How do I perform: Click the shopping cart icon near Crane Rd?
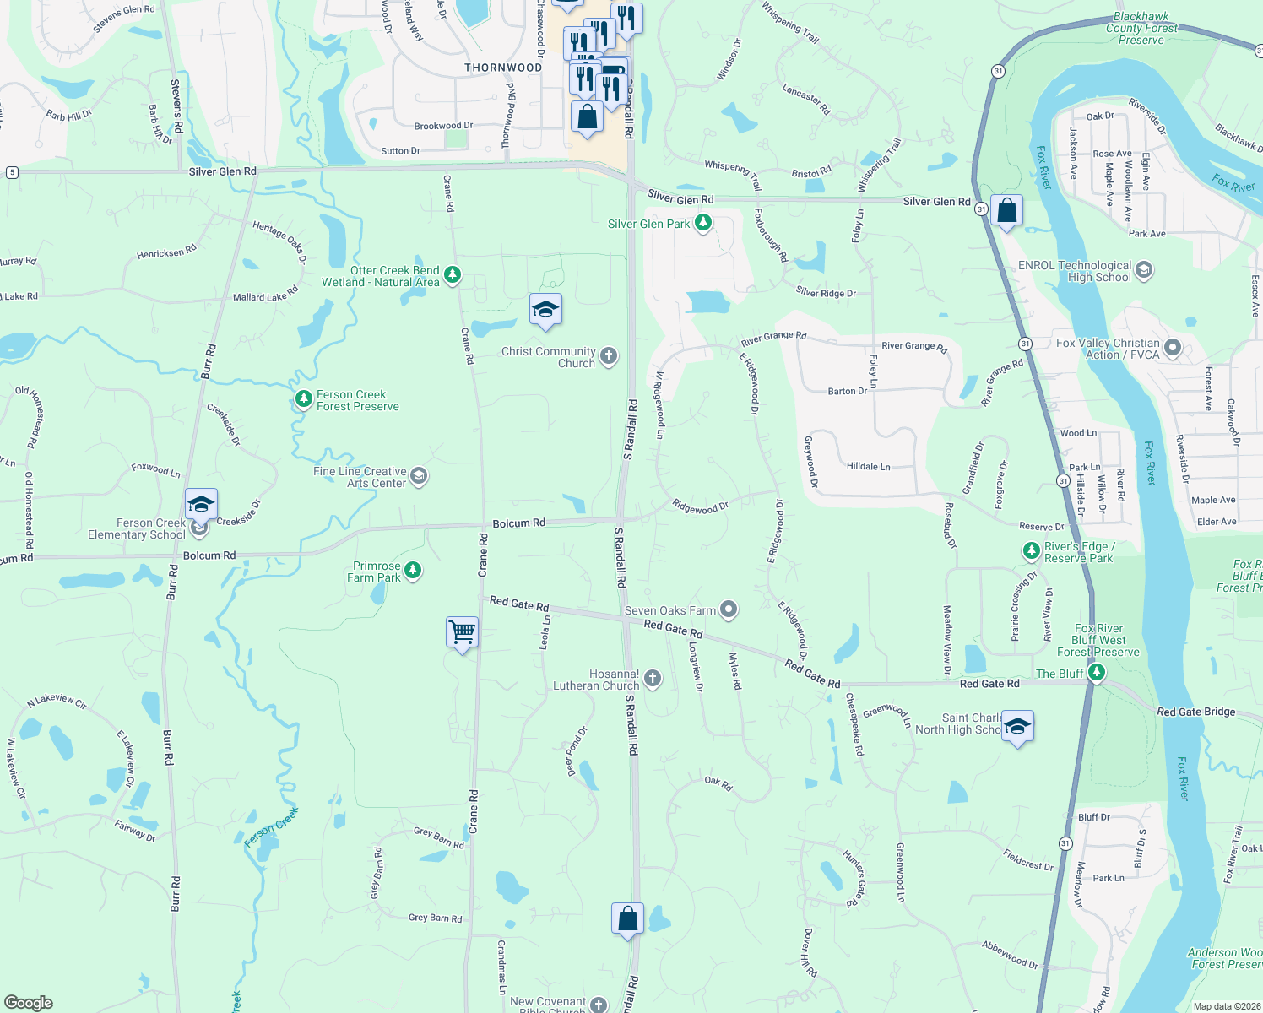pos(462,631)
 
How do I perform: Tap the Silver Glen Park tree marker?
pos(702,224)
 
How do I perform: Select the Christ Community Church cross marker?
pos(609,357)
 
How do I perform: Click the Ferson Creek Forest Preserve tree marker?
pos(303,399)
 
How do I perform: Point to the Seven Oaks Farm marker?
pos(729,609)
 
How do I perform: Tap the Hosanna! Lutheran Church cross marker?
pos(652,679)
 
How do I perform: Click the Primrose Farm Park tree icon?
pos(413,571)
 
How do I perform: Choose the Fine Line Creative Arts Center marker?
pos(418,477)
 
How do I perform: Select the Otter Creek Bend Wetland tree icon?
pos(453,274)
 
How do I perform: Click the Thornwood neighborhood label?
pos(503,68)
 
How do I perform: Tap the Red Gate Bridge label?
pos(1195,712)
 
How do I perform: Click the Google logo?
pos(29,1003)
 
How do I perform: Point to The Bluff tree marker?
pos(1096,673)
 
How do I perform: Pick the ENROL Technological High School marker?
pos(1144,270)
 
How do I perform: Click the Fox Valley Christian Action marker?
pos(1172,347)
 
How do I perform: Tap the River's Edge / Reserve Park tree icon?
pos(1031,551)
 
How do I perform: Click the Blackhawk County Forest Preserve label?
pos(1141,28)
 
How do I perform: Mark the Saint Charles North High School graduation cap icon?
pos(1017,727)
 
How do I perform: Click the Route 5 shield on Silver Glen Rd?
pos(12,172)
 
